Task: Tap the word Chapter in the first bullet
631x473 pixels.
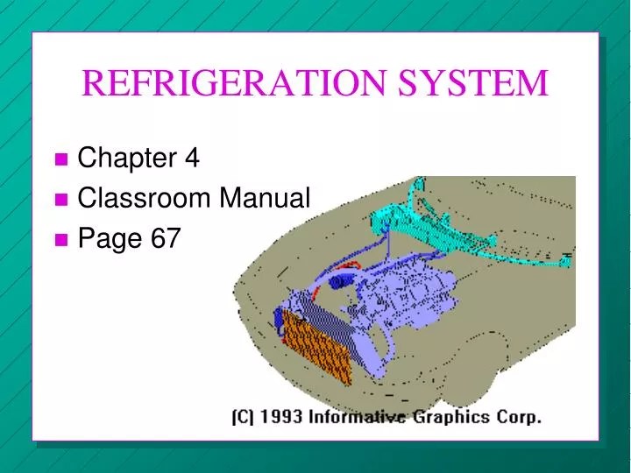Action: click(126, 159)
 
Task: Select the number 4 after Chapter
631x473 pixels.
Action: click(192, 159)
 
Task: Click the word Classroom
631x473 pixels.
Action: click(145, 199)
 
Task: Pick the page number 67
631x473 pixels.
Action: click(165, 238)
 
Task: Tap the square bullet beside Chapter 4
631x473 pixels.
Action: click(60, 159)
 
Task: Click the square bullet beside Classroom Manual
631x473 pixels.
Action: click(60, 200)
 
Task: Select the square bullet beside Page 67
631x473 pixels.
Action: click(60, 239)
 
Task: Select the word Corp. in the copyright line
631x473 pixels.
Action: click(524, 417)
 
